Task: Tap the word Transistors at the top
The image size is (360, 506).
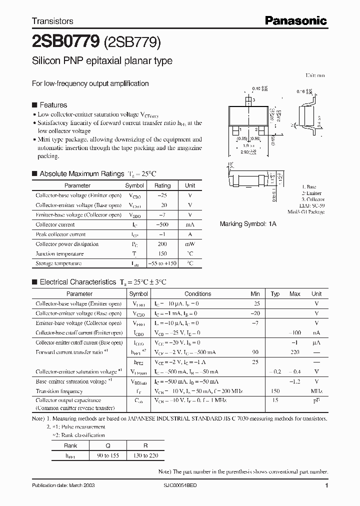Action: pos(52,21)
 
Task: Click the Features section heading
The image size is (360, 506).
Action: pos(53,105)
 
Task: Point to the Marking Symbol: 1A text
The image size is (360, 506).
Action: pos(248,224)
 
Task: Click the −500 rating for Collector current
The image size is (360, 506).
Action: pos(162,224)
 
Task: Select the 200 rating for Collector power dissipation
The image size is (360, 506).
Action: pos(162,244)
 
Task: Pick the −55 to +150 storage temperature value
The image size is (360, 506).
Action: pos(162,263)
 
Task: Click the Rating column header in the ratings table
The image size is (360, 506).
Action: pos(162,185)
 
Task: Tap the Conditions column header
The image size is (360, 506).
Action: pos(198,294)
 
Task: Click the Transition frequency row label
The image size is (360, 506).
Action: pos(59,391)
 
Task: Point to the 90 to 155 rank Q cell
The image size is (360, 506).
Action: pos(108,455)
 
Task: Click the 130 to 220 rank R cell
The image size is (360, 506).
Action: pos(145,455)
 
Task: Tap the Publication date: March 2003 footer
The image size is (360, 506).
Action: pos(63,485)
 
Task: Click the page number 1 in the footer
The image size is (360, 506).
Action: pos(326,485)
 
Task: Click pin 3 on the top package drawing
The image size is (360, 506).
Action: pos(253,100)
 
